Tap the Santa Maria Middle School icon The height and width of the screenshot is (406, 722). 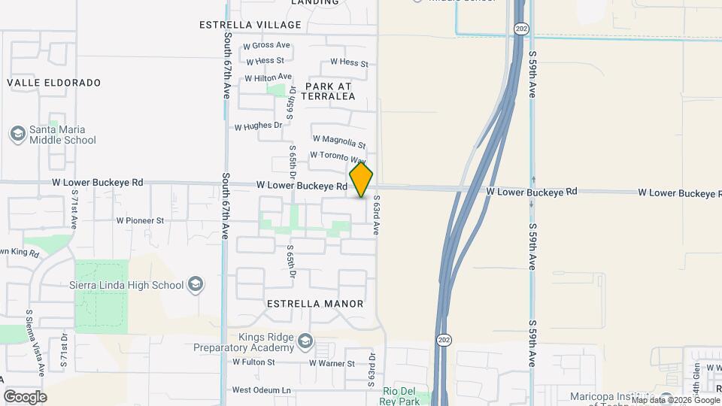(17, 134)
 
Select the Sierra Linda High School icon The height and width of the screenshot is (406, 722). (196, 284)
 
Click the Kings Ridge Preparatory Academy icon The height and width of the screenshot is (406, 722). (305, 341)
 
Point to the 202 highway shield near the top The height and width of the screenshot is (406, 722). (520, 28)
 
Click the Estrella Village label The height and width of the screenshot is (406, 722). (240, 25)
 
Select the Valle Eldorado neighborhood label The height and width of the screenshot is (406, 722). (54, 82)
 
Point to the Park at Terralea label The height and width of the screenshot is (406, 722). (329, 91)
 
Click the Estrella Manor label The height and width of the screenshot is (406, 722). (316, 304)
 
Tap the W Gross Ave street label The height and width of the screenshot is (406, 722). (267, 46)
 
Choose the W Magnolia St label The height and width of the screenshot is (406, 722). (338, 141)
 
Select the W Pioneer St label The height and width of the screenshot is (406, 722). (140, 221)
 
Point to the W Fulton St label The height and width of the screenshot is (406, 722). (253, 362)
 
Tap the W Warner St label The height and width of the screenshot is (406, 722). (332, 364)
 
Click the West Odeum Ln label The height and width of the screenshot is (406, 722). (261, 390)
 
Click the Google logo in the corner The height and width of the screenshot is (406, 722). (25, 396)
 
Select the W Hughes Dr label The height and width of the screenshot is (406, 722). (258, 126)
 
